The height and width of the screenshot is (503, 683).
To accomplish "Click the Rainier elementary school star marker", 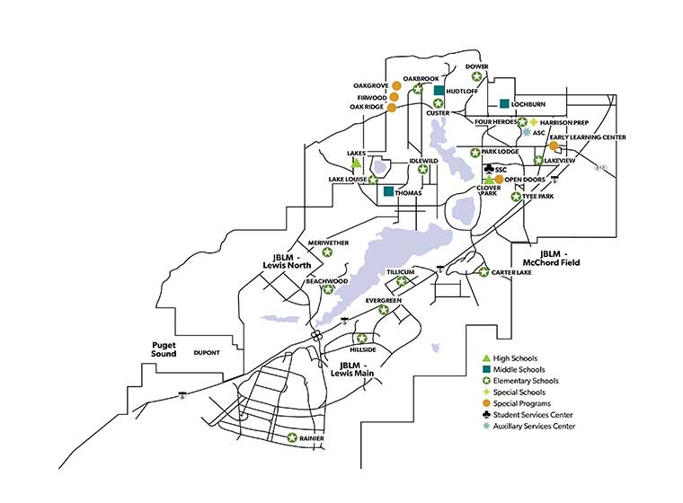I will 292,437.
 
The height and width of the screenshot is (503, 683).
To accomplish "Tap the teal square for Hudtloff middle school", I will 439,91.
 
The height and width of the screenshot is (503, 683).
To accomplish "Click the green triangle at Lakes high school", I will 357,163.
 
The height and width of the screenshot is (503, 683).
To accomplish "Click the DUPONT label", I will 208,354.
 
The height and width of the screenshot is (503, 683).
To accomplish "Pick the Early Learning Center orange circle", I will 554,146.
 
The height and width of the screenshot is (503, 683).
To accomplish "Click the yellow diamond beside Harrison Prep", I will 533,122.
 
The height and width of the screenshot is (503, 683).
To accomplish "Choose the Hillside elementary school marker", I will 362,339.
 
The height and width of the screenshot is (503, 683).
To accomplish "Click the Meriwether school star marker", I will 328,254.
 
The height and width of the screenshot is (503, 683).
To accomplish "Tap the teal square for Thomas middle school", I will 388,191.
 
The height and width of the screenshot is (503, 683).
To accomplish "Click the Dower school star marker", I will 477,77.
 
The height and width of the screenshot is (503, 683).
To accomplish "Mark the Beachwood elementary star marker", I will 328,289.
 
